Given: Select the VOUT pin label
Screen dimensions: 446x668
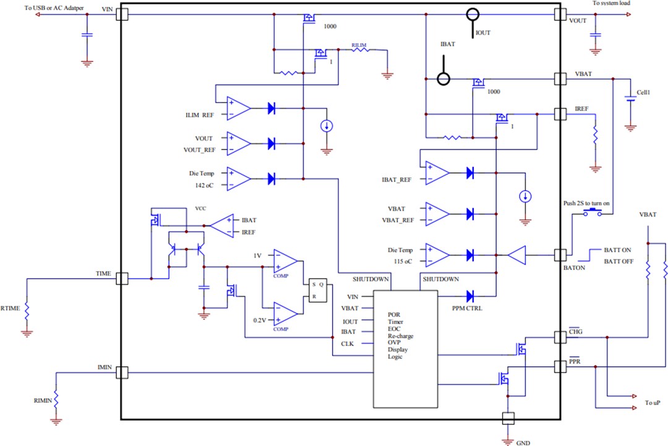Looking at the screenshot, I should (577, 20).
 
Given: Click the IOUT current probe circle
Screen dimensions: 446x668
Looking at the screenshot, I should (473, 14).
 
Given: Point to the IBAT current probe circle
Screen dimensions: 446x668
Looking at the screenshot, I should (443, 79).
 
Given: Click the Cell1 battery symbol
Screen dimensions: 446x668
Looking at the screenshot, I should (630, 101).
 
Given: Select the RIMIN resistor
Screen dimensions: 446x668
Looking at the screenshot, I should (56, 398).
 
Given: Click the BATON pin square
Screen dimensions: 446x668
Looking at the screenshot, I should (560, 255).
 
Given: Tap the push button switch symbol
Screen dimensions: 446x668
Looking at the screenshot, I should (593, 213).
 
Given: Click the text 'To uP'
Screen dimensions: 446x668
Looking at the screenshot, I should (653, 403).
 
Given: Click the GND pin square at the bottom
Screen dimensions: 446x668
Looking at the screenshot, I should (508, 419).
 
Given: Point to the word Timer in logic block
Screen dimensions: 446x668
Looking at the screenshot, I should (396, 321).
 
